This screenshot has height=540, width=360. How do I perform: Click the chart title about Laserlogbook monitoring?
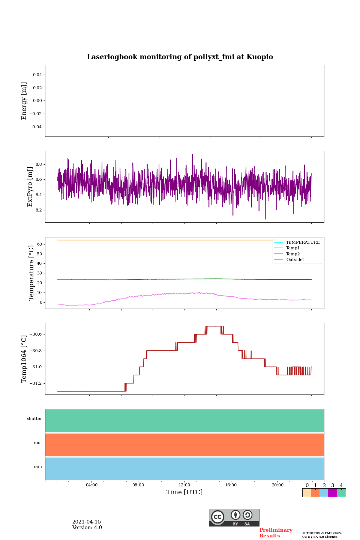tap(180, 57)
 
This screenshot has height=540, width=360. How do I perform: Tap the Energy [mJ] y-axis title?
tap(24, 101)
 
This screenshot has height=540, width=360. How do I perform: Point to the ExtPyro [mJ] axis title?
tap(30, 187)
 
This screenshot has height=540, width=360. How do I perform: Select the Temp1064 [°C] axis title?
tap(24, 359)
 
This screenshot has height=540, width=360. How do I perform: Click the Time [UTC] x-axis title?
tap(184, 492)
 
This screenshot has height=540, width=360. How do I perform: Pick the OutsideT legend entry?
tap(295, 259)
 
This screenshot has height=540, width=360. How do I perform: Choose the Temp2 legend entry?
tap(293, 254)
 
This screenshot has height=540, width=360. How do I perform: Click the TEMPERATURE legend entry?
tap(303, 242)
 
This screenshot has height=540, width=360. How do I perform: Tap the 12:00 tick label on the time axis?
tap(184, 485)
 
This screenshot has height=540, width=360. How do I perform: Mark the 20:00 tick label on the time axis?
tap(277, 485)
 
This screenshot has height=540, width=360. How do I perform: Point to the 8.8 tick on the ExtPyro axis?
tap(39, 165)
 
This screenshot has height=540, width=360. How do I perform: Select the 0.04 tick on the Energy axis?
tap(37, 75)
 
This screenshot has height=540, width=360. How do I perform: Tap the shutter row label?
tap(34, 419)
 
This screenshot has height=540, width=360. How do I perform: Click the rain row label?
tap(38, 467)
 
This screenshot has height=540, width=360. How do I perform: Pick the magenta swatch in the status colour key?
tap(332, 493)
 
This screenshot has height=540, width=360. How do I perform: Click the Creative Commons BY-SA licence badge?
tap(234, 517)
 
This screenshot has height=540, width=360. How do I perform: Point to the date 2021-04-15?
tap(87, 522)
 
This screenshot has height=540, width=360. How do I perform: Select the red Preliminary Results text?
tap(276, 533)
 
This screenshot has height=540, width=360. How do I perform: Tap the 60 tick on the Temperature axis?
tap(39, 244)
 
